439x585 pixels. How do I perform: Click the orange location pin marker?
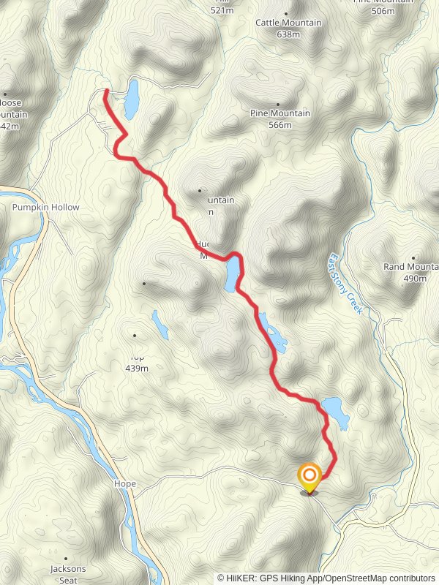click(x=309, y=478)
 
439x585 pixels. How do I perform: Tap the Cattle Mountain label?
click(x=288, y=23)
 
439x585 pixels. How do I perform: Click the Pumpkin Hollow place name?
click(x=45, y=208)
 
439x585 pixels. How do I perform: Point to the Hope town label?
click(x=125, y=484)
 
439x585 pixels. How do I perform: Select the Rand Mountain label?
click(x=410, y=267)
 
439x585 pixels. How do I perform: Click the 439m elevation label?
click(x=137, y=368)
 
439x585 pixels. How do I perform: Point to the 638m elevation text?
click(x=289, y=34)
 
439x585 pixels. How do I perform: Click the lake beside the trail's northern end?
click(x=131, y=99)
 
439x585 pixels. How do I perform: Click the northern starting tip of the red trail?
click(x=106, y=91)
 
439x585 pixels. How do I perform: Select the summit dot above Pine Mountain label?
click(x=278, y=104)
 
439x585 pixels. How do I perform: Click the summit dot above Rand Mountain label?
click(x=413, y=257)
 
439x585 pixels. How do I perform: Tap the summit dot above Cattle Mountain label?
click(x=285, y=13)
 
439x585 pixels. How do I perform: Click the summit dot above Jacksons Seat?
click(x=66, y=558)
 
